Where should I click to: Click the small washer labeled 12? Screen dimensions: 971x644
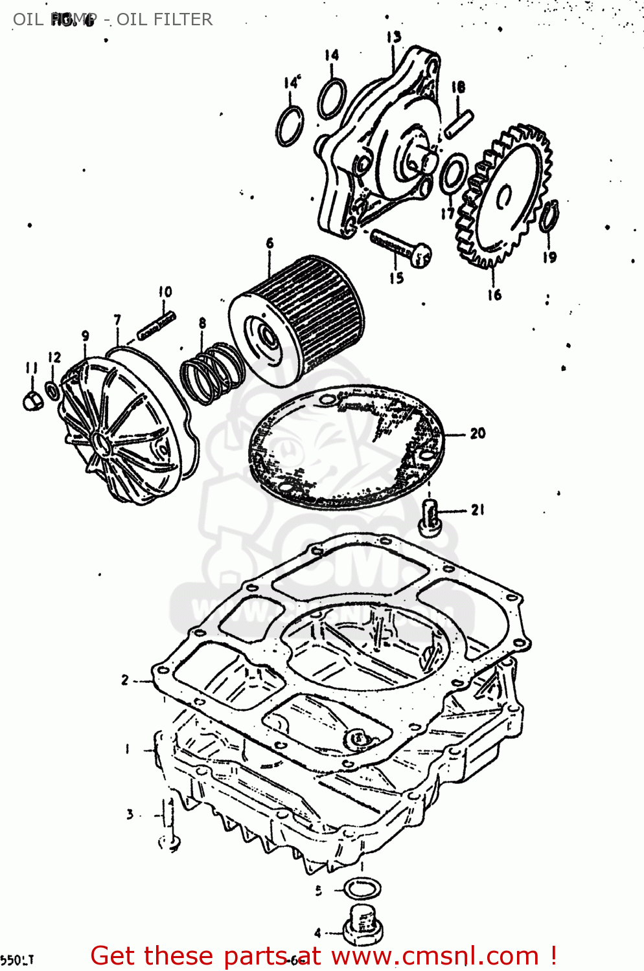(52, 391)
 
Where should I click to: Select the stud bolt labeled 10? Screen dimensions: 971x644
(156, 326)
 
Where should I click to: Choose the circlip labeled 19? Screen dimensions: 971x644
(549, 216)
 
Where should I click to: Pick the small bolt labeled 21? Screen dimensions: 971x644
(430, 518)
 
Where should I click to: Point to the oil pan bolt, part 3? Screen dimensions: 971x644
(170, 824)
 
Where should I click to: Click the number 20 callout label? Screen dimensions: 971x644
(477, 433)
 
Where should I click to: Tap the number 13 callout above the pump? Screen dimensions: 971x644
(393, 38)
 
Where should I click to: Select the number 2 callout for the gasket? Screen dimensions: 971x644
(125, 680)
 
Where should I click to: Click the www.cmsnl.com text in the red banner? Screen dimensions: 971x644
(435, 955)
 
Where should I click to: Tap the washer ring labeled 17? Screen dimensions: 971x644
(453, 173)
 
